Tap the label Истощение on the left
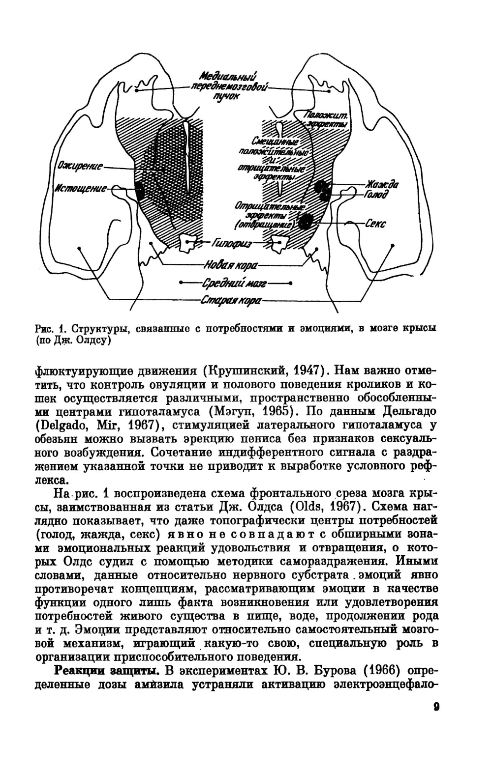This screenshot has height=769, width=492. click(81, 189)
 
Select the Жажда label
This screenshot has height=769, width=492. click(381, 185)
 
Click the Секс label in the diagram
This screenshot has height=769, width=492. click(375, 224)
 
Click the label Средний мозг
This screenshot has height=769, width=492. click(235, 284)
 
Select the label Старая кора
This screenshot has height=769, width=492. click(231, 300)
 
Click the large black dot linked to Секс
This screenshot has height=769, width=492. click(306, 222)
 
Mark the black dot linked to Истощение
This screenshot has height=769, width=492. click(139, 191)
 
